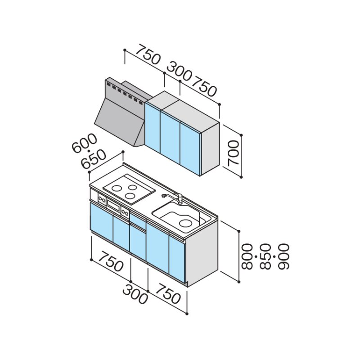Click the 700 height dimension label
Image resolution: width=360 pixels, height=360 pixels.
click(x=234, y=153)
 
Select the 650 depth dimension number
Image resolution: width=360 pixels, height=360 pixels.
click(x=94, y=159)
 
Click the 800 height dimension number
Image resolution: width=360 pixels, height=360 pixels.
click(x=247, y=256)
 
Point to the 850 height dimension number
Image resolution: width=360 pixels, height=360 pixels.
click(x=265, y=256)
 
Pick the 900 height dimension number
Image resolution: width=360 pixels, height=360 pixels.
click(x=283, y=256)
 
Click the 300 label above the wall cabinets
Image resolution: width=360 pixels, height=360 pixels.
click(x=179, y=71)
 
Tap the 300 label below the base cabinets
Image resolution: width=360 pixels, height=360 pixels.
click(x=135, y=295)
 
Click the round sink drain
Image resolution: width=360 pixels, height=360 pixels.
click(x=185, y=223)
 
